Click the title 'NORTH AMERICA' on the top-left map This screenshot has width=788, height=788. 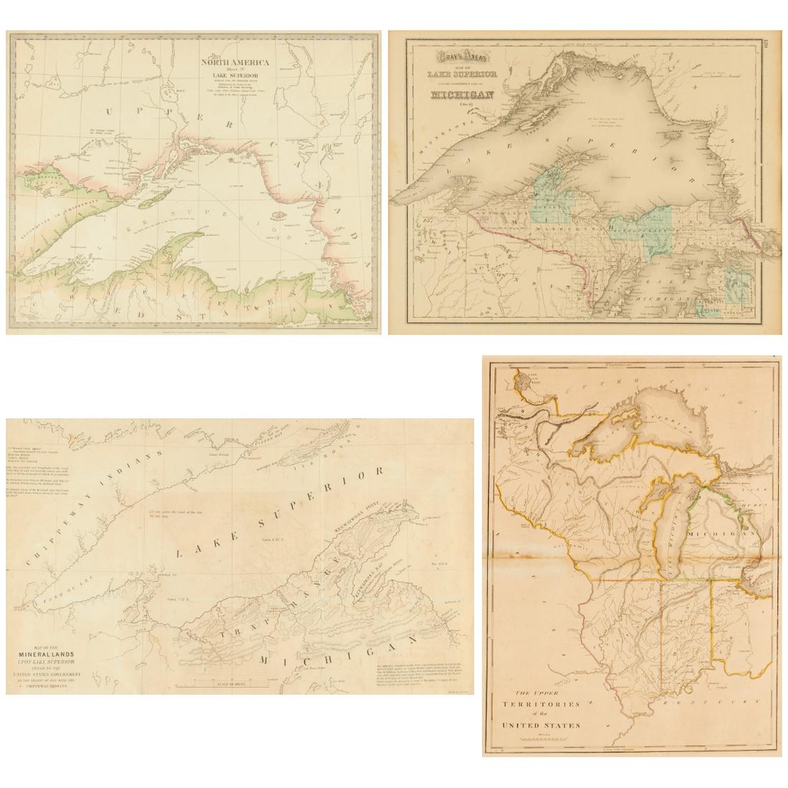tap(234, 62)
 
